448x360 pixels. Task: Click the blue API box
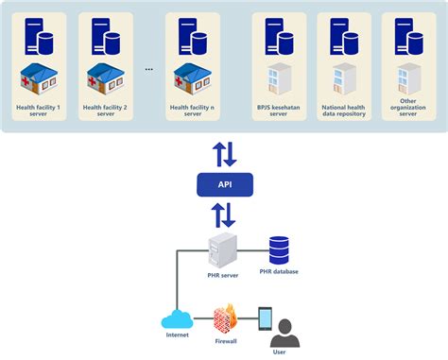coord(224,184)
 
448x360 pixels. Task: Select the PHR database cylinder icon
coord(280,250)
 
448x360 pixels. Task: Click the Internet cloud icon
coord(177,318)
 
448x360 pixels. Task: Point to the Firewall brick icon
coord(225,317)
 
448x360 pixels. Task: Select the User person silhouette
coord(283,334)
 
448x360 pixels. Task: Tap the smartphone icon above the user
coord(265,317)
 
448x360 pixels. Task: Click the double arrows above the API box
coord(224,152)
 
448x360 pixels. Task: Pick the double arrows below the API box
coord(224,216)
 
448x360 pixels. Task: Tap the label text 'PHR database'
coord(280,272)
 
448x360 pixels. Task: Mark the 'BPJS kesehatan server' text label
coord(278,111)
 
